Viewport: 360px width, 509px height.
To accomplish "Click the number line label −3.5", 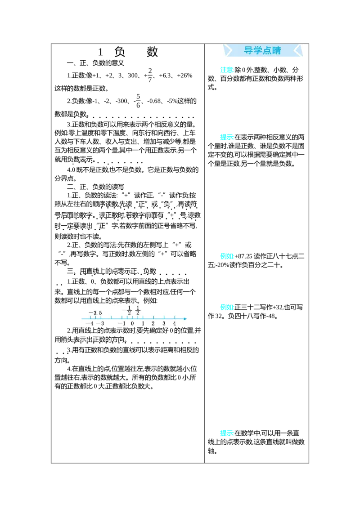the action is pos(95,313).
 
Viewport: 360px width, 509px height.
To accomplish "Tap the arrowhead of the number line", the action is pos(185,319).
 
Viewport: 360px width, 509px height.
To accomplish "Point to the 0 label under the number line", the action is pos(132,323).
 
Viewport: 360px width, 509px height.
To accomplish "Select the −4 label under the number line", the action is pos(90,323).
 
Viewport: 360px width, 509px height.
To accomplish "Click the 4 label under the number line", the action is pos(175,323).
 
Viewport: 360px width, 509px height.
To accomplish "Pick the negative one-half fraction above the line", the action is pos(127,310).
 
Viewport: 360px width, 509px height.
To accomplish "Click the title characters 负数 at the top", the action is pos(136,52).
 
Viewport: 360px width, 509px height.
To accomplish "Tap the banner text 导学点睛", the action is pos(262,50).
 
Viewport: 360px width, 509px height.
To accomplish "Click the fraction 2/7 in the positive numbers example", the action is pos(150,75).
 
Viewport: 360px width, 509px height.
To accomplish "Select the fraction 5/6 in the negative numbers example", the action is pos(138,101).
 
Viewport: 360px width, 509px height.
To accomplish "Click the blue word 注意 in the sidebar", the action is pos(227,70).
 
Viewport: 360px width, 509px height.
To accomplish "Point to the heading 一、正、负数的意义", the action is pos(95,63).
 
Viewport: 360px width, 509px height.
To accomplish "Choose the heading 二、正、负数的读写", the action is pos(95,187).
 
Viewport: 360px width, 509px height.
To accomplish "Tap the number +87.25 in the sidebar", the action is pos(243,256).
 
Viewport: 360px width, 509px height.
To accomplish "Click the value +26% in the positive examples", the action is pos(184,75).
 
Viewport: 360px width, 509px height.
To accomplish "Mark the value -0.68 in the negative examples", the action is pos(154,101).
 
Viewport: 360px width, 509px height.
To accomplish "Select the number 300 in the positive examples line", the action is pos(133,75).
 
